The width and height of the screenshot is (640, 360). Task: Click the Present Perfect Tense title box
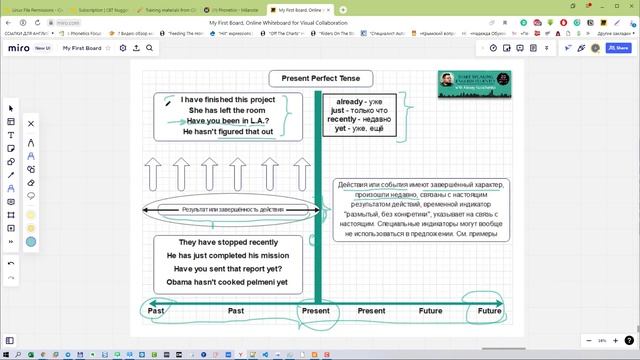point(320,78)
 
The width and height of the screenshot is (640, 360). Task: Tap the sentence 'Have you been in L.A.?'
point(228,121)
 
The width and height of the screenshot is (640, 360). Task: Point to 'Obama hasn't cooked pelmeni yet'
point(227,282)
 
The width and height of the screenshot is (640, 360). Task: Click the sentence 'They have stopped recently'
point(228,242)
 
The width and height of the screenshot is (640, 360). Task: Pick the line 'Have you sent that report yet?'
point(227,269)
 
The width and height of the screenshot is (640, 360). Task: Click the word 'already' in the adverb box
point(350,102)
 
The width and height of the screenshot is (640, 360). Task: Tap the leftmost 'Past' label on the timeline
point(156,311)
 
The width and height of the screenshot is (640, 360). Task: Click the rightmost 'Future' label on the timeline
point(489,311)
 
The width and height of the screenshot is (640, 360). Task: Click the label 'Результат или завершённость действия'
point(232,210)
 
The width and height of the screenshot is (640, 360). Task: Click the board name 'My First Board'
point(82,47)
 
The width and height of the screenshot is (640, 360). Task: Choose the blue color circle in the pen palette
point(31,241)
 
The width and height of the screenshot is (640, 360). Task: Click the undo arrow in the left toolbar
point(11,263)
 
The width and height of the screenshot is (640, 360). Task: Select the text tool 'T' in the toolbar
point(11,135)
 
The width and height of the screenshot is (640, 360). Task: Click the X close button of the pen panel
point(31,124)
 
